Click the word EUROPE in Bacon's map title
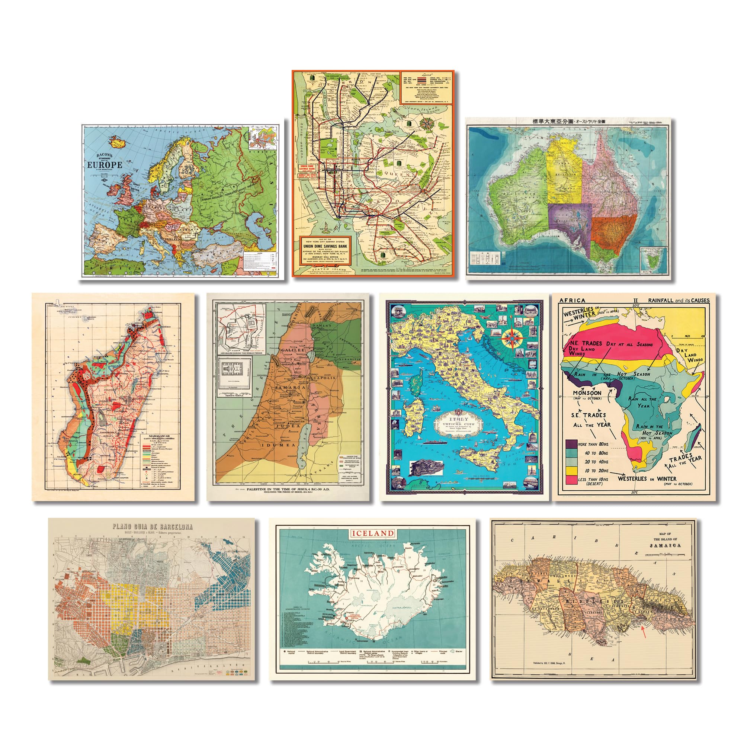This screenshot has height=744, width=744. (105, 165)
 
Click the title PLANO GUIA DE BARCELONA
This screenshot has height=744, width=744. (152, 527)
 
